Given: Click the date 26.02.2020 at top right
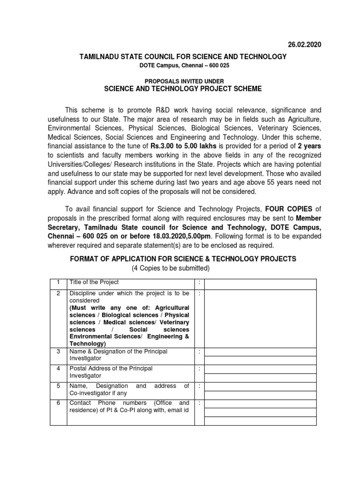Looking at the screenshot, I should click(304, 45).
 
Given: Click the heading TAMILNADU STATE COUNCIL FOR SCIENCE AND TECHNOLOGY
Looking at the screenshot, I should click(182, 57).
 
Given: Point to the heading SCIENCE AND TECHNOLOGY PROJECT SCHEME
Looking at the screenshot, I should click(182, 89).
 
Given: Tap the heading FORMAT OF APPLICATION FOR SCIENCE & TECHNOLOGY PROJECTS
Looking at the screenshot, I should click(183, 259).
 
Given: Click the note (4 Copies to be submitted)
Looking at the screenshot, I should click(170, 268).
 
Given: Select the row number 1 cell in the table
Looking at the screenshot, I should click(58, 282).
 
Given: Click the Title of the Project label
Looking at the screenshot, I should click(94, 282).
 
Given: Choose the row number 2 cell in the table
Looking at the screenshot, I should click(58, 293).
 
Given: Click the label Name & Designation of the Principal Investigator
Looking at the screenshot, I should click(118, 355).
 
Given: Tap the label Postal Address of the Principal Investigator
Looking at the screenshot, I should click(111, 372).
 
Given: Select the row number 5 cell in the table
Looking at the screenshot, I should click(58, 386).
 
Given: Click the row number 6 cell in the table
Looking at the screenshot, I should click(58, 403).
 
